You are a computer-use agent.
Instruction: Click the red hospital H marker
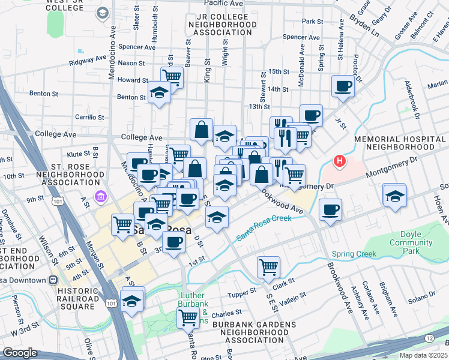click(x=340, y=161)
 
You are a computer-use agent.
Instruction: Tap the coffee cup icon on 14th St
click(x=343, y=86)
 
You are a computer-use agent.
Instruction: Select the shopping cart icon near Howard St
click(x=172, y=77)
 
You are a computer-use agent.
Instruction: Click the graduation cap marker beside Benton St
click(x=159, y=93)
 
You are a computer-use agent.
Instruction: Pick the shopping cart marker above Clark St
click(x=268, y=266)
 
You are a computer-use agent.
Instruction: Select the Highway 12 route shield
click(x=429, y=340)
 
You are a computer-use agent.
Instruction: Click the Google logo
click(x=20, y=353)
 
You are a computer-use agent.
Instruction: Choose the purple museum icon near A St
click(x=100, y=197)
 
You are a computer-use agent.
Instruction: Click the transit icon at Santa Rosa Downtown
click(x=54, y=280)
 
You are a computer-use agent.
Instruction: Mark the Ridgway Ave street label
click(x=88, y=61)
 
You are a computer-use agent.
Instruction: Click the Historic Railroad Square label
click(x=68, y=298)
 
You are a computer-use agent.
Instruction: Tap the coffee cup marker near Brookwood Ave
click(x=330, y=210)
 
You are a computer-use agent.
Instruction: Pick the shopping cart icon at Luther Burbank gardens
click(x=188, y=317)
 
